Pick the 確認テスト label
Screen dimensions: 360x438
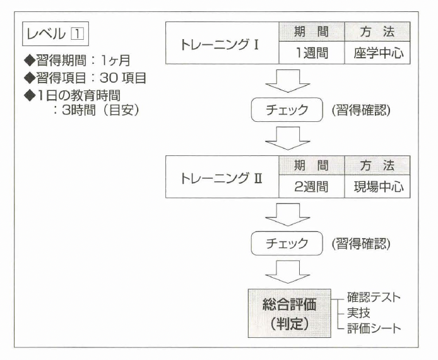(x=374, y=297)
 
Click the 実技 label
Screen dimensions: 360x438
(x=358, y=312)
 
